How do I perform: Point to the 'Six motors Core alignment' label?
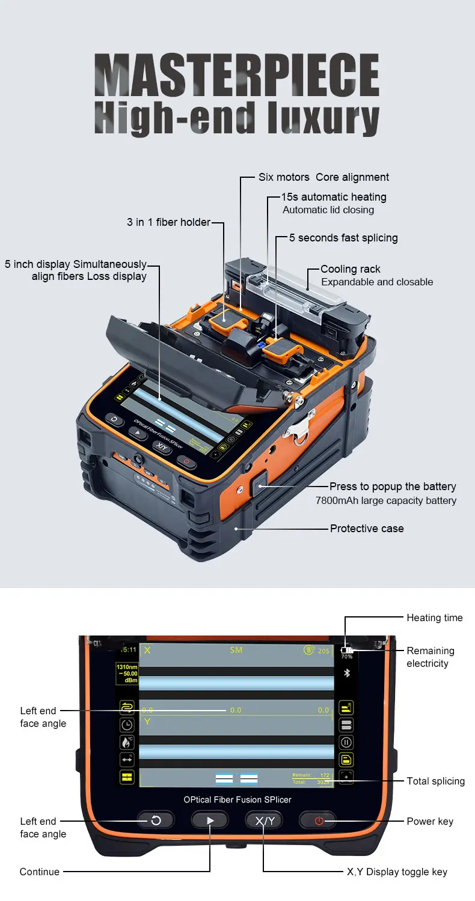click(x=323, y=177)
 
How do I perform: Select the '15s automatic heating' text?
click(x=334, y=197)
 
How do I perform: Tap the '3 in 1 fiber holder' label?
click(x=168, y=222)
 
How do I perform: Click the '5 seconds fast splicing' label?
click(x=343, y=238)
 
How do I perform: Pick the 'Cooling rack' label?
click(x=351, y=269)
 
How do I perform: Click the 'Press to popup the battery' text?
click(x=393, y=487)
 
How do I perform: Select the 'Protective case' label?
click(x=367, y=529)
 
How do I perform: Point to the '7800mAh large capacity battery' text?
click(x=386, y=500)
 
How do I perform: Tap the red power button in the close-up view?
click(x=319, y=821)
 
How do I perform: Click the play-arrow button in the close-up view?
click(x=210, y=821)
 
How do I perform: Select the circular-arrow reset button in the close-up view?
click(x=156, y=821)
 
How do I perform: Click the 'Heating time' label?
click(x=435, y=617)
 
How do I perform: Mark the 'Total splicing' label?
click(x=435, y=781)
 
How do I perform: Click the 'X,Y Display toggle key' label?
click(x=397, y=872)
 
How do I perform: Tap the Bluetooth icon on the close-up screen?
click(x=346, y=673)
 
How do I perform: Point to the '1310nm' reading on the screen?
click(x=127, y=667)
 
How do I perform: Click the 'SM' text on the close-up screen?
click(x=236, y=651)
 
